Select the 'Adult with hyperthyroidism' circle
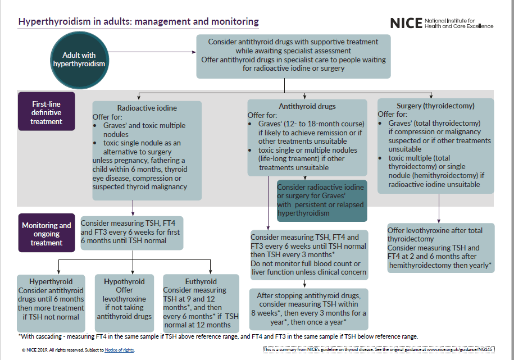pyautogui.click(x=79, y=60)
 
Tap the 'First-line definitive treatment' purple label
pyautogui.click(x=46, y=113)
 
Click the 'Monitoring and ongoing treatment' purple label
pyautogui.click(x=47, y=234)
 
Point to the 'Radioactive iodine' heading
pyautogui.click(x=147, y=108)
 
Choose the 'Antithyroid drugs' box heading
pyautogui.click(x=307, y=106)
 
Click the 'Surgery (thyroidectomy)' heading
pyautogui.click(x=435, y=105)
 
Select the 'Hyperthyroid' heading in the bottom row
pyautogui.click(x=51, y=281)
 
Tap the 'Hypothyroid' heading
pyautogui.click(x=124, y=281)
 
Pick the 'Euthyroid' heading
pyautogui.click(x=201, y=281)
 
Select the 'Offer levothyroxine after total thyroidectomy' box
pyautogui.click(x=440, y=248)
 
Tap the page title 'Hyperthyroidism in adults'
pyautogui.click(x=139, y=22)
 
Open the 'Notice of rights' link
pyautogui.click(x=120, y=350)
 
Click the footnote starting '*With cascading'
pyautogui.click(x=218, y=336)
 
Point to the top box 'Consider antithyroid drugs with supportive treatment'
pyautogui.click(x=293, y=56)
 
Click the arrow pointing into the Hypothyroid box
pyautogui.click(x=133, y=270)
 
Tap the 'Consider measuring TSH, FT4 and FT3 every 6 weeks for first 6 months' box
pyautogui.click(x=132, y=233)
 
